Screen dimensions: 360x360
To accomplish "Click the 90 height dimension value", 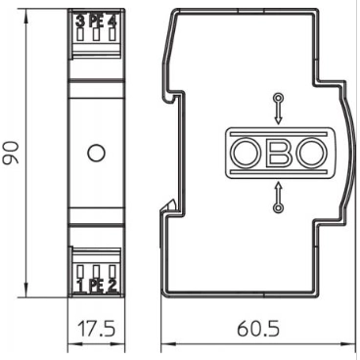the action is click(x=11, y=153).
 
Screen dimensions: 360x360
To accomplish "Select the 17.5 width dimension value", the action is click(x=96, y=329).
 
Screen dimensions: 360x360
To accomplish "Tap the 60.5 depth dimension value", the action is click(x=258, y=329).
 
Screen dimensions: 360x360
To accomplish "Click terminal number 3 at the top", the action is click(x=80, y=22).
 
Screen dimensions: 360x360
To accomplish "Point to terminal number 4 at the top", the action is click(x=112, y=22).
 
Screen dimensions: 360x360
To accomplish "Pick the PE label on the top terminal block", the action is click(x=96, y=22).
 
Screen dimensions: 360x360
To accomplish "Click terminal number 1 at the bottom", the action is click(x=80, y=286).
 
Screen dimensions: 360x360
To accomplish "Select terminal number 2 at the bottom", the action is click(x=112, y=286).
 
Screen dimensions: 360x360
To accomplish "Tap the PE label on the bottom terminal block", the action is click(x=96, y=286).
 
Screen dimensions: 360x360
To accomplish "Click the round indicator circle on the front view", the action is click(x=96, y=153).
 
